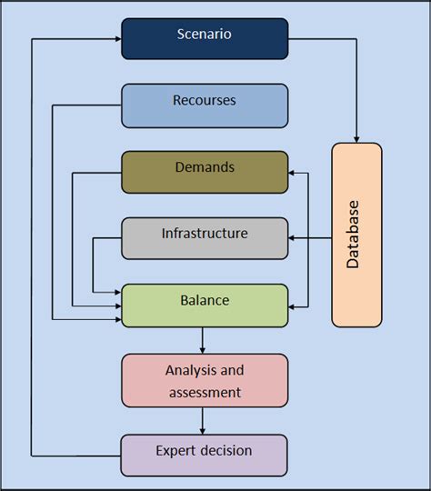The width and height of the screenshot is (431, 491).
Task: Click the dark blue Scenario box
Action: point(205,38)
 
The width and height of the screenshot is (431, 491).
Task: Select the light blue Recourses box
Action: point(205,105)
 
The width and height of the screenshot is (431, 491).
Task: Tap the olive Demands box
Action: point(205,172)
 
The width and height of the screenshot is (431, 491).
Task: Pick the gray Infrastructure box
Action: point(205,238)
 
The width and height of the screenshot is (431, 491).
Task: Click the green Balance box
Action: point(205,305)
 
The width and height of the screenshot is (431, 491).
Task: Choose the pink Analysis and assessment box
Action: point(205,380)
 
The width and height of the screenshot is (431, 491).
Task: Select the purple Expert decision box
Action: point(205,455)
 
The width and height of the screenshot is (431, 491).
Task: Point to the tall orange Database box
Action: point(356,235)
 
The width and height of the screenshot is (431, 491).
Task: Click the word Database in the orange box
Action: point(354,234)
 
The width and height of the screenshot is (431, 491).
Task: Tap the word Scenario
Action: point(205,35)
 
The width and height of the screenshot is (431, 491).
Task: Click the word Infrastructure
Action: point(205,234)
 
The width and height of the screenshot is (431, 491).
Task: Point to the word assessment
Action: point(205,393)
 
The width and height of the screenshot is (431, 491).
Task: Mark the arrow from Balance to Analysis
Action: point(202,340)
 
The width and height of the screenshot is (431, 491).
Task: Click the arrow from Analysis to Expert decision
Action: point(202,420)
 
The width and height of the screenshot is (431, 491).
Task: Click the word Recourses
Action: point(205,101)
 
